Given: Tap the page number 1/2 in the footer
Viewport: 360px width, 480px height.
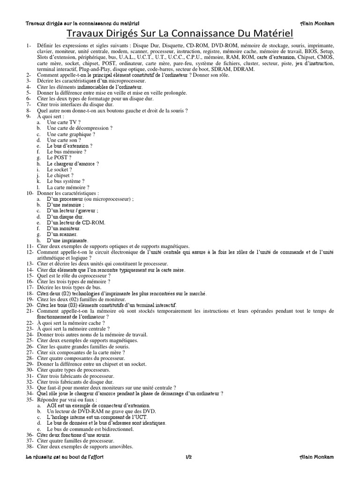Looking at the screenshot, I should pyautogui.click(x=189, y=457).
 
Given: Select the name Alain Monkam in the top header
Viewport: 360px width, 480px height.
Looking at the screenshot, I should pyautogui.click(x=317, y=23).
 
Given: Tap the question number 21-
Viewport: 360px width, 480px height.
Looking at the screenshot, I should pyautogui.click(x=30, y=311).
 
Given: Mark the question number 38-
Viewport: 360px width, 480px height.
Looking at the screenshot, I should pyautogui.click(x=30, y=446).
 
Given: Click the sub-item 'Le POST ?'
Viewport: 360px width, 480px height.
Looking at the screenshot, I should pyautogui.click(x=59, y=158).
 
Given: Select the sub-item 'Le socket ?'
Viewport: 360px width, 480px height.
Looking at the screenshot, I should pyautogui.click(x=60, y=170).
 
